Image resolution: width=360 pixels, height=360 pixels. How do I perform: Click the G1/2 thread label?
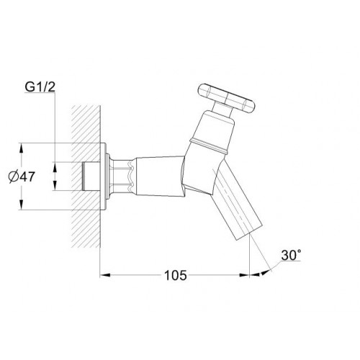(40, 87)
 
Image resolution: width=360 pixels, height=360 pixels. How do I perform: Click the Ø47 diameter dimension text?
(22, 177)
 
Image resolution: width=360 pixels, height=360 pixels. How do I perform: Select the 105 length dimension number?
(175, 275)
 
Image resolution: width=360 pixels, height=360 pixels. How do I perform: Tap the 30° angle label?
(292, 255)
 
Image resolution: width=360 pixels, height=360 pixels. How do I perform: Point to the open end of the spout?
(249, 232)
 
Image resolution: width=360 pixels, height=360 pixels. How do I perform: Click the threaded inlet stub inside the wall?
(91, 176)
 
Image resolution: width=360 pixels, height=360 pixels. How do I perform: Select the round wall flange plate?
(103, 176)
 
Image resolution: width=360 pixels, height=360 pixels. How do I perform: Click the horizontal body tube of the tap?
(160, 176)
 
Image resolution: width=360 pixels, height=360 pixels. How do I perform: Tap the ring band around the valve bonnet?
(208, 145)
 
